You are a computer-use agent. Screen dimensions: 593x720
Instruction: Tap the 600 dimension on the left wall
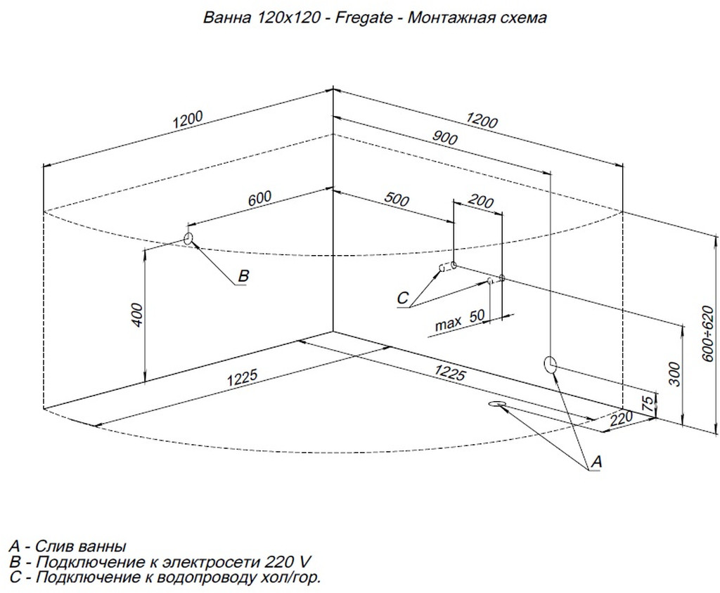[x=259, y=200]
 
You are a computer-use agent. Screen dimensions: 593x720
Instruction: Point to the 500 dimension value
[x=397, y=199]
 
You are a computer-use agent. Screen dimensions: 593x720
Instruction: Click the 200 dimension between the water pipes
[x=480, y=202]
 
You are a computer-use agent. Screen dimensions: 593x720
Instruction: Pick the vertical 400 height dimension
[x=138, y=315]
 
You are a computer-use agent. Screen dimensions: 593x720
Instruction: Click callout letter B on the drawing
[x=243, y=276]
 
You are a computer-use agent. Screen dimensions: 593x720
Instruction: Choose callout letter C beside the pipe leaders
[x=402, y=299]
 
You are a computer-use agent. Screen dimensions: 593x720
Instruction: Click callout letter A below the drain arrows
[x=596, y=462]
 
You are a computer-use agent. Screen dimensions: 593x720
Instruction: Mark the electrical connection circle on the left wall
[x=188, y=238]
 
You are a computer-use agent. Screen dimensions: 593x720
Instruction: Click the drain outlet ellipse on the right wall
[x=550, y=364]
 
